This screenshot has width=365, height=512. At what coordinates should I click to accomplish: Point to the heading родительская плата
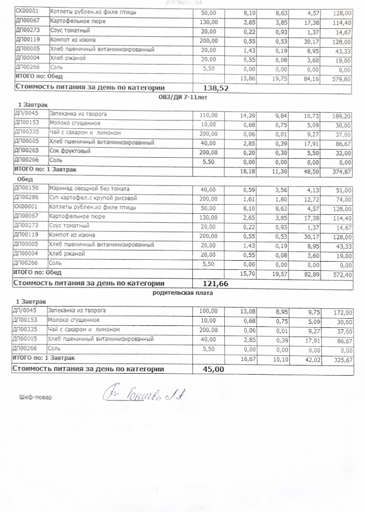(x=182, y=293)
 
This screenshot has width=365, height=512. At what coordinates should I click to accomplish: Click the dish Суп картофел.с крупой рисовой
(x=93, y=198)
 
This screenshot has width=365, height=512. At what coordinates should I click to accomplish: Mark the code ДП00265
(x=27, y=152)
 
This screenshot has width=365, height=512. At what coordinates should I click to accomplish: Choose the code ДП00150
(x=27, y=189)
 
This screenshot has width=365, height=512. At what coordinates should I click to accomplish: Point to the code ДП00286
(x=27, y=198)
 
